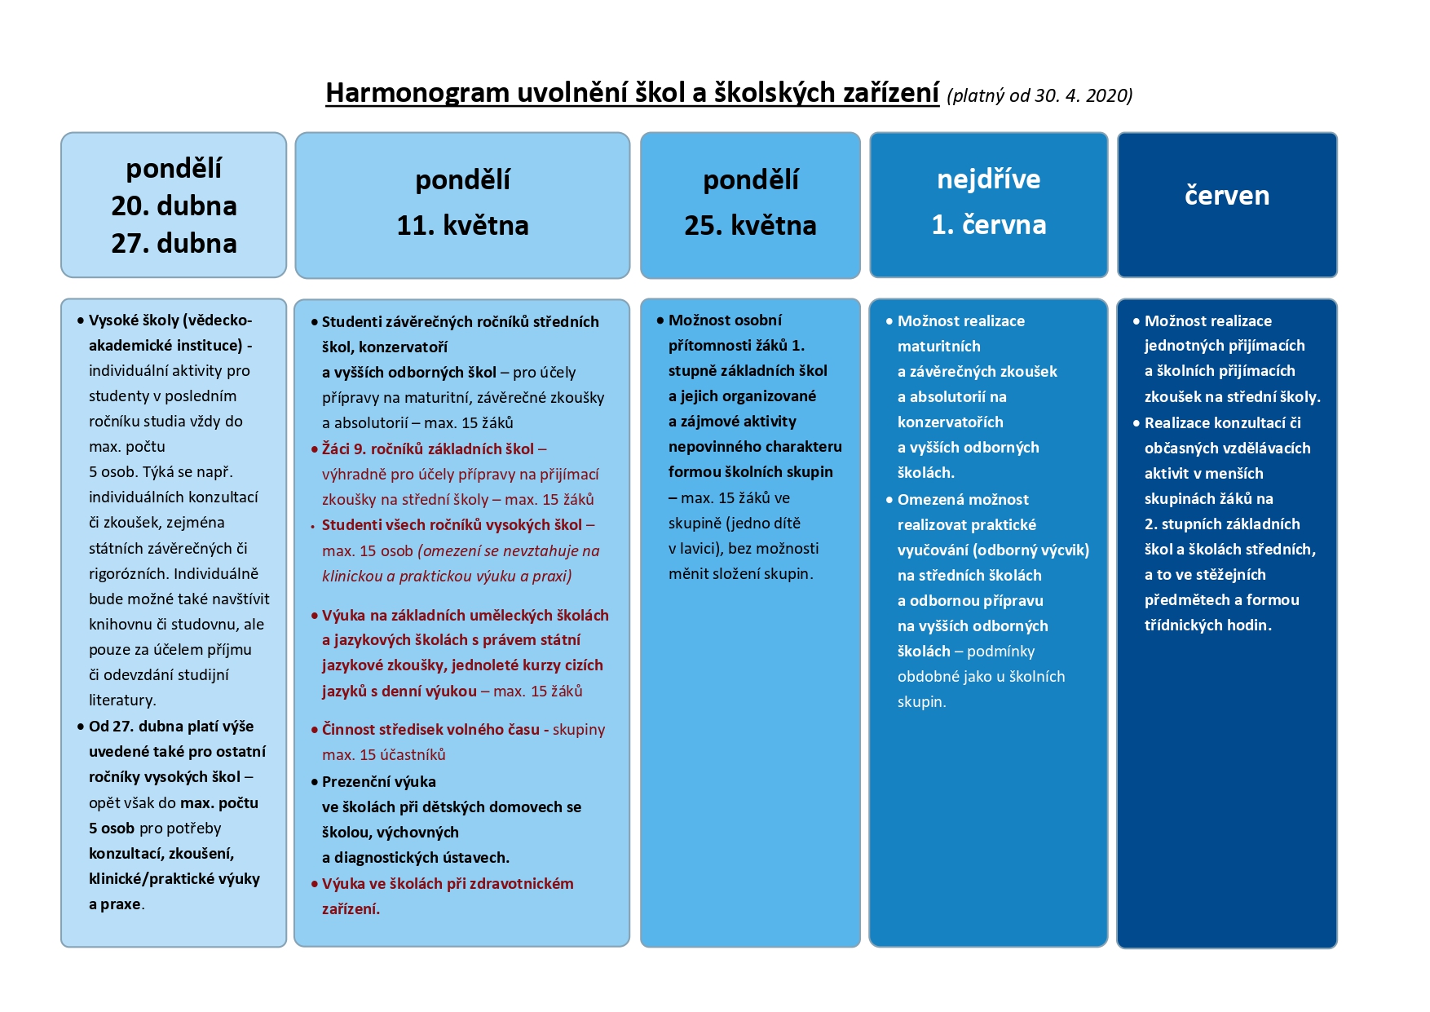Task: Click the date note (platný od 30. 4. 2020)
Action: point(1039,96)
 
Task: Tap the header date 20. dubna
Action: point(174,206)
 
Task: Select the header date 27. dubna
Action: point(174,244)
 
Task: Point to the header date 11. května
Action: point(462,226)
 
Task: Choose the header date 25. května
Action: point(750,226)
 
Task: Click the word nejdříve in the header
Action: point(988,179)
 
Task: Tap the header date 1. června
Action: point(988,225)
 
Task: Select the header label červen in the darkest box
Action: point(1226,196)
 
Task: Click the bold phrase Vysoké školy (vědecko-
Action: point(170,320)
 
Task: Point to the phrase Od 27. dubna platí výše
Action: point(171,727)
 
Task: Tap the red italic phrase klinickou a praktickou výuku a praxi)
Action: point(447,577)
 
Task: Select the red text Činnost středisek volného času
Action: point(430,730)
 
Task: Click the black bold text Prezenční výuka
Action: point(379,782)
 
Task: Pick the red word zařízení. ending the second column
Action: point(351,909)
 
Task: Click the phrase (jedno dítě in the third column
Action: point(763,524)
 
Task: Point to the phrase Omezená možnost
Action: point(963,500)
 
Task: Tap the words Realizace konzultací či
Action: point(1222,423)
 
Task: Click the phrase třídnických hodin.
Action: point(1207,625)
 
